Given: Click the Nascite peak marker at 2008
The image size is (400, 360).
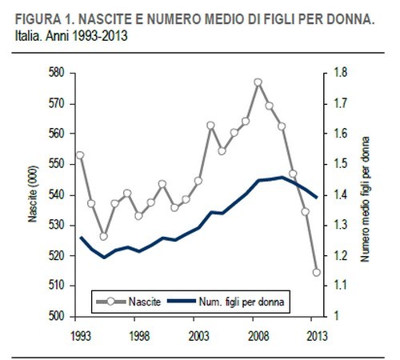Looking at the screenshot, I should click(258, 82).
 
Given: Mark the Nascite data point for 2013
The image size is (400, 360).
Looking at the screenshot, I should click(316, 272).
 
